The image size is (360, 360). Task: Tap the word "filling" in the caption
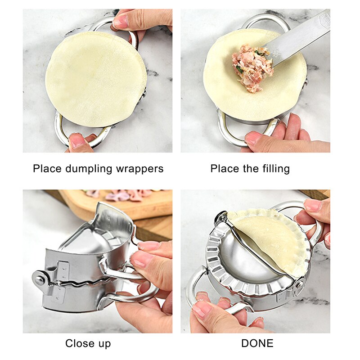pos(276,169)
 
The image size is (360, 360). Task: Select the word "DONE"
pos(257,343)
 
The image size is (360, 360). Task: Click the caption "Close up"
pos(88,343)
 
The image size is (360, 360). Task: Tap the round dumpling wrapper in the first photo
pos(95,79)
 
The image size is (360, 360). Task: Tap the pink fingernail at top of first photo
pos(121,21)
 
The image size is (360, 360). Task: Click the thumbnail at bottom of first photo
pos(76,141)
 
